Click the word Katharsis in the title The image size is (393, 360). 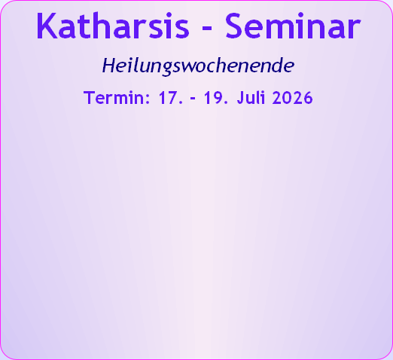click(113, 26)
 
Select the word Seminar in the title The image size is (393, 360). click(293, 26)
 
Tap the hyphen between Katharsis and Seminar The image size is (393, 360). click(207, 29)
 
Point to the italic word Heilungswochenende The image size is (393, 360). click(198, 66)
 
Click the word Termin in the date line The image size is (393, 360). click(114, 97)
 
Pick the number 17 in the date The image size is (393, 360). click(168, 97)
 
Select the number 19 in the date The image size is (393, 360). click(212, 97)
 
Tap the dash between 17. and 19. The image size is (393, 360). click(193, 99)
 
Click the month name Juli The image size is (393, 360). click(251, 97)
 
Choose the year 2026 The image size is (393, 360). click(293, 97)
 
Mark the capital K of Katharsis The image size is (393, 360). click(46, 26)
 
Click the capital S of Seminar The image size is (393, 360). click(234, 26)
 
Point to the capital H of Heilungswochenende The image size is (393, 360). click(109, 66)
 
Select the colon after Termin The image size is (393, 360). click(148, 99)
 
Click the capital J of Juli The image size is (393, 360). click(241, 98)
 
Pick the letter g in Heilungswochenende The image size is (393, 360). click(167, 69)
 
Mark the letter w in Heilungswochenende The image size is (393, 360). click(189, 67)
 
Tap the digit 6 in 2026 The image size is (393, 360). click(308, 98)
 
